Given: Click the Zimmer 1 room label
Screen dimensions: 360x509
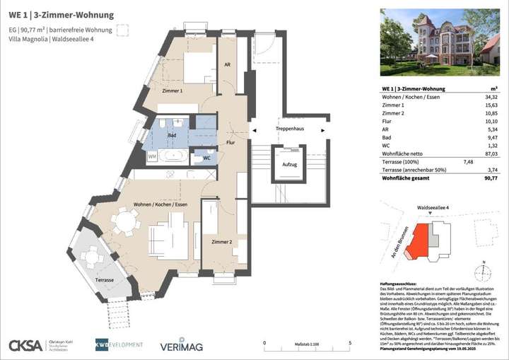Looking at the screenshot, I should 172,91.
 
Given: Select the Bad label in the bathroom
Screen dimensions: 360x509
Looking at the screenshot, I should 171,134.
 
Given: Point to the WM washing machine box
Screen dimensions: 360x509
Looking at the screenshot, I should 152,156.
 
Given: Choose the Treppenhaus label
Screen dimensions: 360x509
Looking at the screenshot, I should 289,129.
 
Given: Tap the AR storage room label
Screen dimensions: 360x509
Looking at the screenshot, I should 227,64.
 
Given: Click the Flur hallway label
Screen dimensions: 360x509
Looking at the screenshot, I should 230,143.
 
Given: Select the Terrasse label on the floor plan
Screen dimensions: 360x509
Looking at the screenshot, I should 106,281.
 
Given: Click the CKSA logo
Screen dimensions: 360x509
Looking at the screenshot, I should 25,345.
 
